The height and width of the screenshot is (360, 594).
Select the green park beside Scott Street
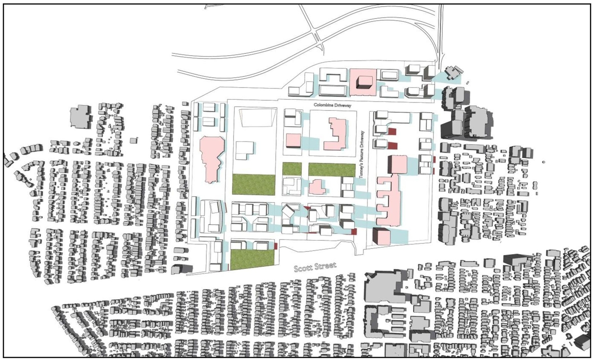coord(252,259)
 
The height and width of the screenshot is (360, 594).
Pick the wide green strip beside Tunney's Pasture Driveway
coord(331,170)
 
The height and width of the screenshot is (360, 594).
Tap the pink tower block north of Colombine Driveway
coord(361,79)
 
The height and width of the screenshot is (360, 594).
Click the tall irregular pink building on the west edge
coord(212,158)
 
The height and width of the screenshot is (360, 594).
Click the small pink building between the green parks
coord(317,187)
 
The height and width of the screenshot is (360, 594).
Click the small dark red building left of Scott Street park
coord(276,246)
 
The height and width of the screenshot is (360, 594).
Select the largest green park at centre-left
coord(253,184)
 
